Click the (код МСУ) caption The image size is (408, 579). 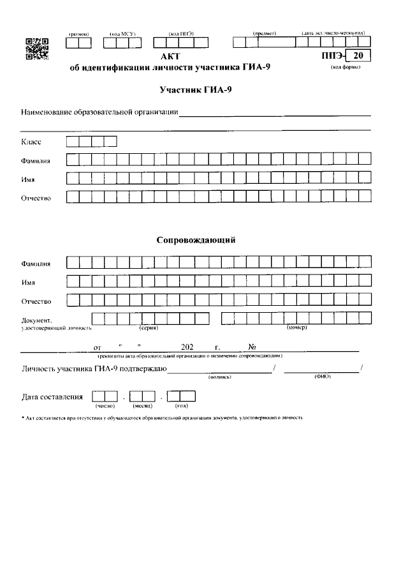tap(122, 33)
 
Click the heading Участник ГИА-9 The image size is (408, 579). tap(196, 91)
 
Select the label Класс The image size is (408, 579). tap(32, 142)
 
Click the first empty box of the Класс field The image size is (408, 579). tap(73, 142)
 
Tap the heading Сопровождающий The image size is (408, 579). tap(197, 241)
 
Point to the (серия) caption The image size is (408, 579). tap(149, 328)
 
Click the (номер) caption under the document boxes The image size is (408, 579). tap(296, 328)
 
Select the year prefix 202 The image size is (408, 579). tap(187, 347)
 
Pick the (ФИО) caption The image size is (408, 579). tap(322, 377)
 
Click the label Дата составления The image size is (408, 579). tap(52, 396)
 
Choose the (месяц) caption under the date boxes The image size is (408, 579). tap(142, 406)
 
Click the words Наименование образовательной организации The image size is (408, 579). tap(99, 113)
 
